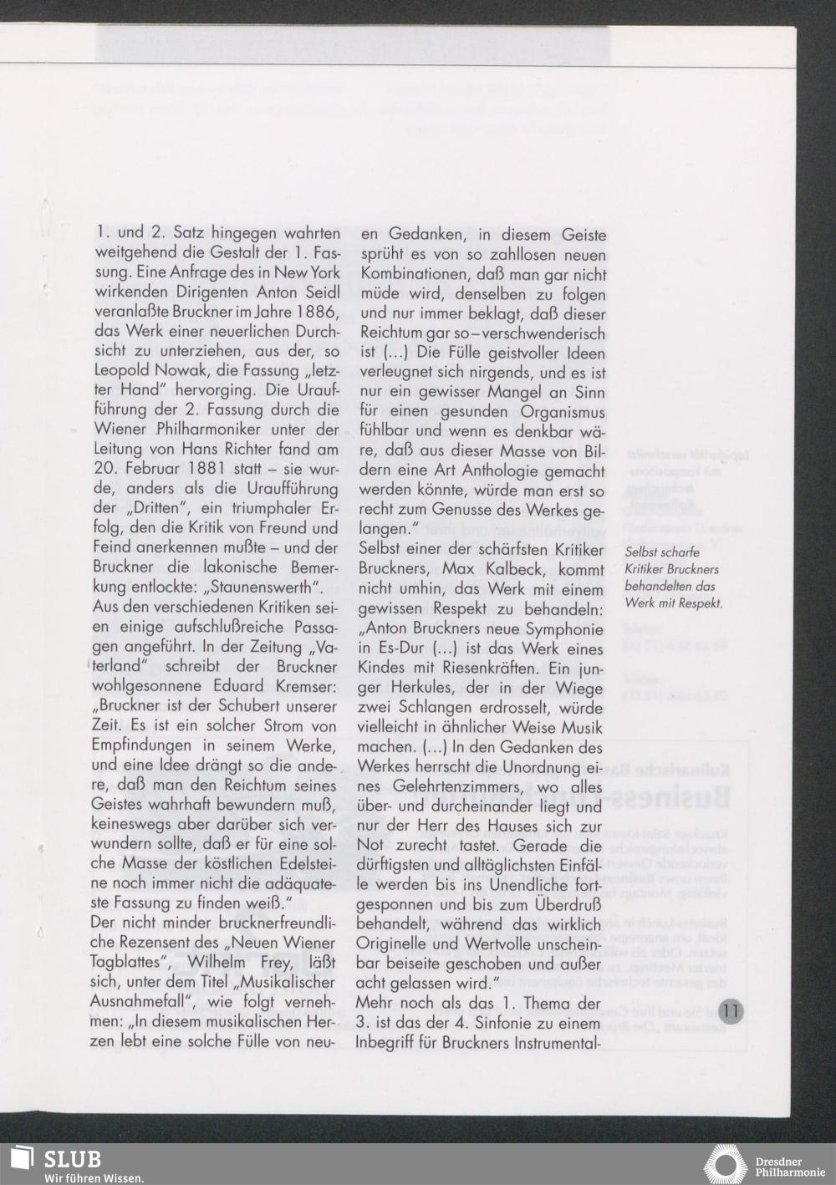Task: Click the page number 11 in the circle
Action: [729, 1010]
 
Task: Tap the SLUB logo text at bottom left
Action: [73, 1159]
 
